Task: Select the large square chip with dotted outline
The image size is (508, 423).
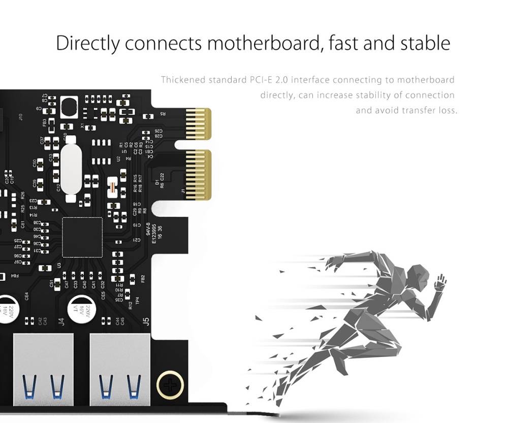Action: click(x=82, y=237)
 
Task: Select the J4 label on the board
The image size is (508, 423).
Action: click(x=61, y=321)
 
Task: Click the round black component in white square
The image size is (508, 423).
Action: click(x=70, y=108)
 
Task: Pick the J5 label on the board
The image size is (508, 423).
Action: click(x=146, y=321)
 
